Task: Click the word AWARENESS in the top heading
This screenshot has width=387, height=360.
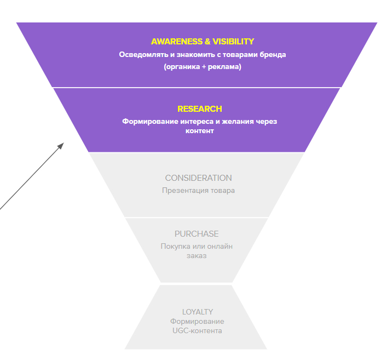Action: pyautogui.click(x=175, y=42)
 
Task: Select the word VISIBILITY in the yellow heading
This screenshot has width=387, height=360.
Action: pyautogui.click(x=233, y=42)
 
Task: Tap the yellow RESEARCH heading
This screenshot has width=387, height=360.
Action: pyautogui.click(x=200, y=109)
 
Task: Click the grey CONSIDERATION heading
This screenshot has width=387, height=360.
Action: pyautogui.click(x=198, y=178)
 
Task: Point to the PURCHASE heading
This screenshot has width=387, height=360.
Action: pyautogui.click(x=197, y=234)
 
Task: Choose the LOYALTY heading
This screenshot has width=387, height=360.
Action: pyautogui.click(x=198, y=312)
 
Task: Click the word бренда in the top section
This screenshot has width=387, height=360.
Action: pyautogui.click(x=274, y=55)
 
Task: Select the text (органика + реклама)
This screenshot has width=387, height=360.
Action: pyautogui.click(x=203, y=67)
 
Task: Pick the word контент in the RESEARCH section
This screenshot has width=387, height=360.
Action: pyautogui.click(x=200, y=131)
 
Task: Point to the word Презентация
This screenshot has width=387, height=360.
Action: pyautogui.click(x=184, y=191)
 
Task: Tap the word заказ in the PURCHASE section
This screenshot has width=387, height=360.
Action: pyautogui.click(x=197, y=256)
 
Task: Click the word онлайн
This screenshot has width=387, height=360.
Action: pyautogui.click(x=220, y=247)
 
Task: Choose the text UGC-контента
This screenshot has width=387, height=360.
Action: pyautogui.click(x=197, y=330)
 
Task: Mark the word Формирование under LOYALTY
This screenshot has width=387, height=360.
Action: pyautogui.click(x=197, y=322)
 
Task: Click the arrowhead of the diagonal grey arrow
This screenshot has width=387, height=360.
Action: pyautogui.click(x=61, y=145)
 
